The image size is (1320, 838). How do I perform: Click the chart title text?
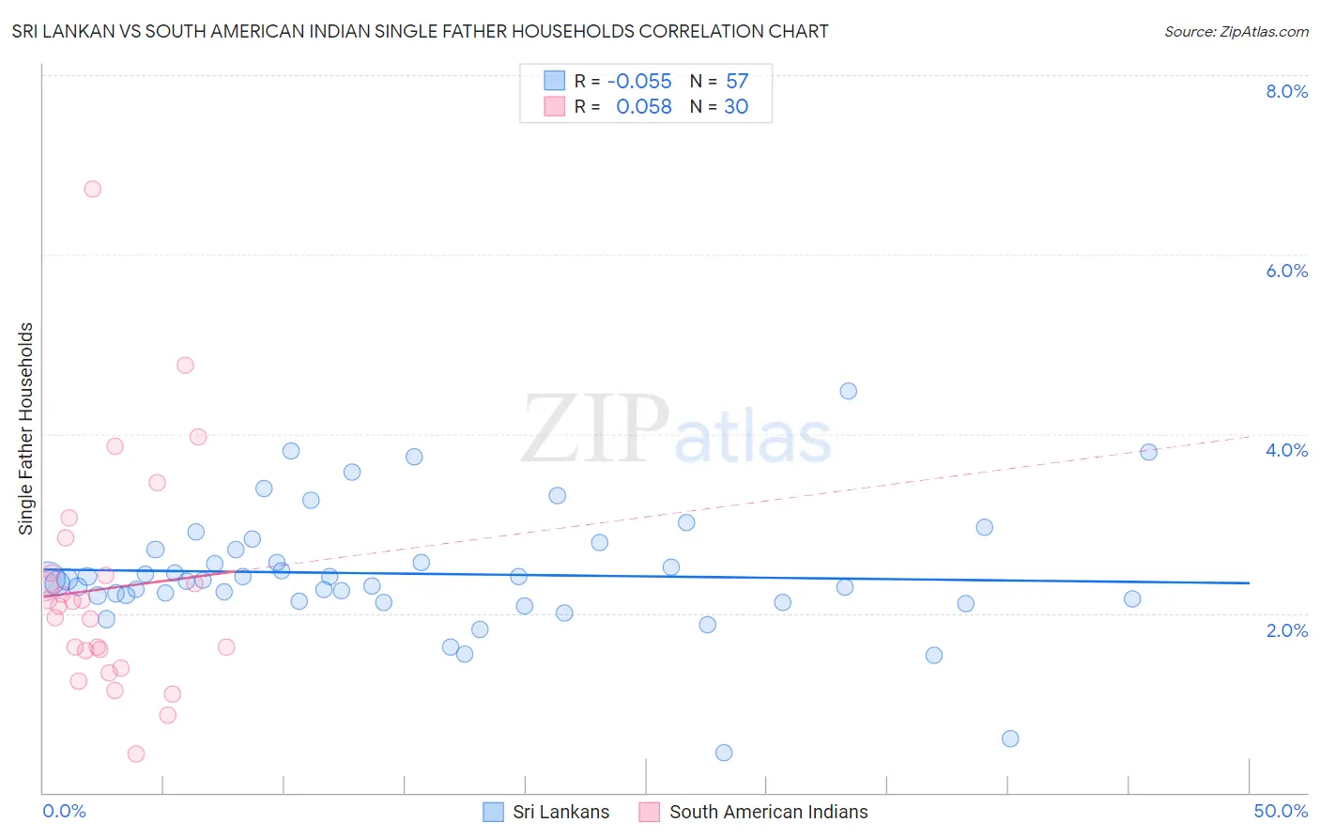coord(420,31)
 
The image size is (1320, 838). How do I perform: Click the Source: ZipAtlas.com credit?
coord(1236,31)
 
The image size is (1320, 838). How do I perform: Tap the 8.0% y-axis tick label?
coord(1286,91)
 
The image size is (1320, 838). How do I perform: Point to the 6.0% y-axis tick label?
coord(1286,271)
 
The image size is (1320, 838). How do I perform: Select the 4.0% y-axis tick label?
coord(1286,450)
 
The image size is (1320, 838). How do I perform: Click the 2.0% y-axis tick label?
coord(1286,630)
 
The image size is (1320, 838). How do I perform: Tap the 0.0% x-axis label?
coord(64,811)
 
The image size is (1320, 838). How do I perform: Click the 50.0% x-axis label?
coord(1281,811)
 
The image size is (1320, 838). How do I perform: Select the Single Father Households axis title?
coord(26,428)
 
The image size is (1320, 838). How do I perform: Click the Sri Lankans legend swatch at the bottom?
coord(493,812)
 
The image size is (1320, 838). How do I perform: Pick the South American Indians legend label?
coord(768,812)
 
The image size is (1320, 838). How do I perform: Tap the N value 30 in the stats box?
coord(736,106)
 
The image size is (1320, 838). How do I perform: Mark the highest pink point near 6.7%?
coord(92,189)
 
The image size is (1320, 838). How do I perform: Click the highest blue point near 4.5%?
coord(848,391)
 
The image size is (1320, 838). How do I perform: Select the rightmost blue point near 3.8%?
coord(1148,452)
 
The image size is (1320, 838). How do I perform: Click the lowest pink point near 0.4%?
coord(136,753)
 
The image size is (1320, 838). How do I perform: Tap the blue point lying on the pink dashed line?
coord(1148,452)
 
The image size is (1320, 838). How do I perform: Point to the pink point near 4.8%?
coord(185,365)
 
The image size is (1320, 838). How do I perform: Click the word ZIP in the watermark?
coord(595,428)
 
